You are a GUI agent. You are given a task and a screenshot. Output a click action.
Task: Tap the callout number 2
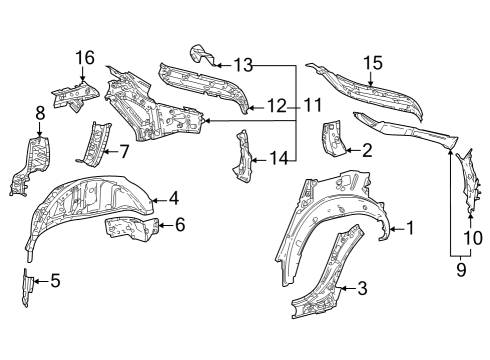367,151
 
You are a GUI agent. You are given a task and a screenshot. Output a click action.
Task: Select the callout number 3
362,289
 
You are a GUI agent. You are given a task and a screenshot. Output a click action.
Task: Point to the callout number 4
173,197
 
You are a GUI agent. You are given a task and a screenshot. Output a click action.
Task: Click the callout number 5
55,281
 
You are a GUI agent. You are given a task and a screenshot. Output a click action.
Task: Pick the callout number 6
180,225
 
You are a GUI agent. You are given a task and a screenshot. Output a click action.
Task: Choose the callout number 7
124,152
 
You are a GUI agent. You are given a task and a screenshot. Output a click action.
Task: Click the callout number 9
462,268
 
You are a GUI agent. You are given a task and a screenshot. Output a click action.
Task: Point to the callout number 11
314,104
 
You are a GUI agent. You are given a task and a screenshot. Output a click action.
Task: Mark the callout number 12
277,104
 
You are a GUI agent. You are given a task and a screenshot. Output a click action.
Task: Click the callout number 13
244,64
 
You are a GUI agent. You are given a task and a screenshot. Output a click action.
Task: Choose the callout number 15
372,63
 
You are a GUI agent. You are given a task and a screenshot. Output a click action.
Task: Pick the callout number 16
84,57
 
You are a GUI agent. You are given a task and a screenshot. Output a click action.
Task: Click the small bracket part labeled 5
27,284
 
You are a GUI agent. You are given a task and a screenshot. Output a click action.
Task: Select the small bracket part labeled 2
332,140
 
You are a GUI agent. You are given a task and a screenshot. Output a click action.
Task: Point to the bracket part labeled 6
127,229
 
